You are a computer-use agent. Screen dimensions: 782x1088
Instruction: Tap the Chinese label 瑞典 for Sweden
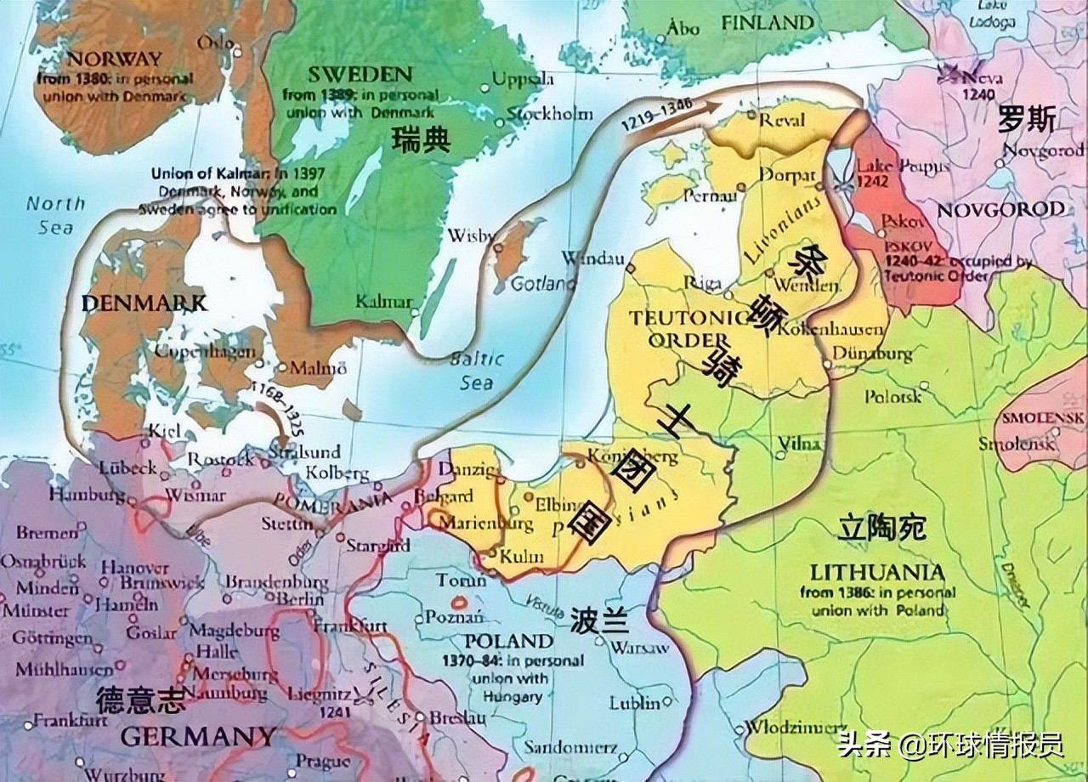422,140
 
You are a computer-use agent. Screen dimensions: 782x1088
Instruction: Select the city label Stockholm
549,114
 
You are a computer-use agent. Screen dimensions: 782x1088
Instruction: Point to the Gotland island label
543,282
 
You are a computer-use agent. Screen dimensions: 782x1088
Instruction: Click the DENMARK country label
144,303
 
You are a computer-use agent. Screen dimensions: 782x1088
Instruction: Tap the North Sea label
56,215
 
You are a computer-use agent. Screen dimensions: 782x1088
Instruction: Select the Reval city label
781,121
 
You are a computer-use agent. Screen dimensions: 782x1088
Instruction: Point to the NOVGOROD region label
1000,209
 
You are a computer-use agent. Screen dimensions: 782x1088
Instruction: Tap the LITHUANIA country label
877,572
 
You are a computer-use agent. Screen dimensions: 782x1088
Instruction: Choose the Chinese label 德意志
139,700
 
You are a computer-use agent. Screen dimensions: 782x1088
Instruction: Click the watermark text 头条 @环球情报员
949,745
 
